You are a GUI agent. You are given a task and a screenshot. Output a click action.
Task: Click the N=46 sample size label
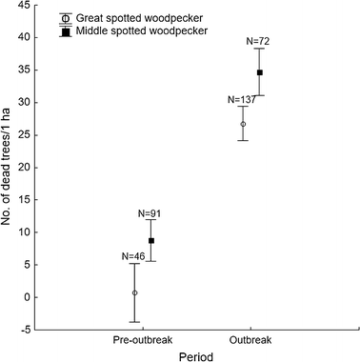coord(135,256)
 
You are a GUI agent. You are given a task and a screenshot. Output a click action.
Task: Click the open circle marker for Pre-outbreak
coord(135,292)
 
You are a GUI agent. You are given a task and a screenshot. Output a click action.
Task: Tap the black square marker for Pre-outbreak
coord(150,241)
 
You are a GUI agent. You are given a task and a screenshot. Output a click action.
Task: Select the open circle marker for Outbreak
coord(244,124)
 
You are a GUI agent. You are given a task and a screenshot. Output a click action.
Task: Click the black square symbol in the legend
coord(65,30)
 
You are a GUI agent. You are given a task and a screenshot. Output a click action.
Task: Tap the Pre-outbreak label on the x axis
coord(143,340)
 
